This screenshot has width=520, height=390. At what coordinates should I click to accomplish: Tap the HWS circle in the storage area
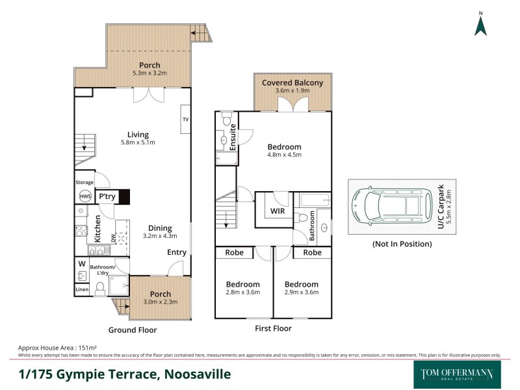coord(84,196)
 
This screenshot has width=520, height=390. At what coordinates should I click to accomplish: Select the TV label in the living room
coord(185,120)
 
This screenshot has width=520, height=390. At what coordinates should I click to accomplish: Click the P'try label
coord(107,196)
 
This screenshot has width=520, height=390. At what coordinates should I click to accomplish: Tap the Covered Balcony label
coord(292,83)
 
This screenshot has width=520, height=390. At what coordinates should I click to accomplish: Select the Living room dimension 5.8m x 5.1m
coord(138,143)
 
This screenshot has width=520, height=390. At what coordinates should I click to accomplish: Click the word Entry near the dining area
coord(177,252)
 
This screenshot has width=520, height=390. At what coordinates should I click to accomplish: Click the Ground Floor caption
coord(133,330)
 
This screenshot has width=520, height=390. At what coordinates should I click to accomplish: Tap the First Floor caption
coord(273,328)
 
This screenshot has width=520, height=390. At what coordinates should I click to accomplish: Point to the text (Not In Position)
coord(402,244)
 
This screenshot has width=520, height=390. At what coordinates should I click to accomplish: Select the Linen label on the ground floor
coord(82,289)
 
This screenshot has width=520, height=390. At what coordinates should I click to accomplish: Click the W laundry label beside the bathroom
coord(82,264)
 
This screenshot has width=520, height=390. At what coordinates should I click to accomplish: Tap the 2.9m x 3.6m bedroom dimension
coord(302,293)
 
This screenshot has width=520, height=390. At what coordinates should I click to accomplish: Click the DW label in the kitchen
coord(112,239)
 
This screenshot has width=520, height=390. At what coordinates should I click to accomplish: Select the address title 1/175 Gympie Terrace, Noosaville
coord(123,374)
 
